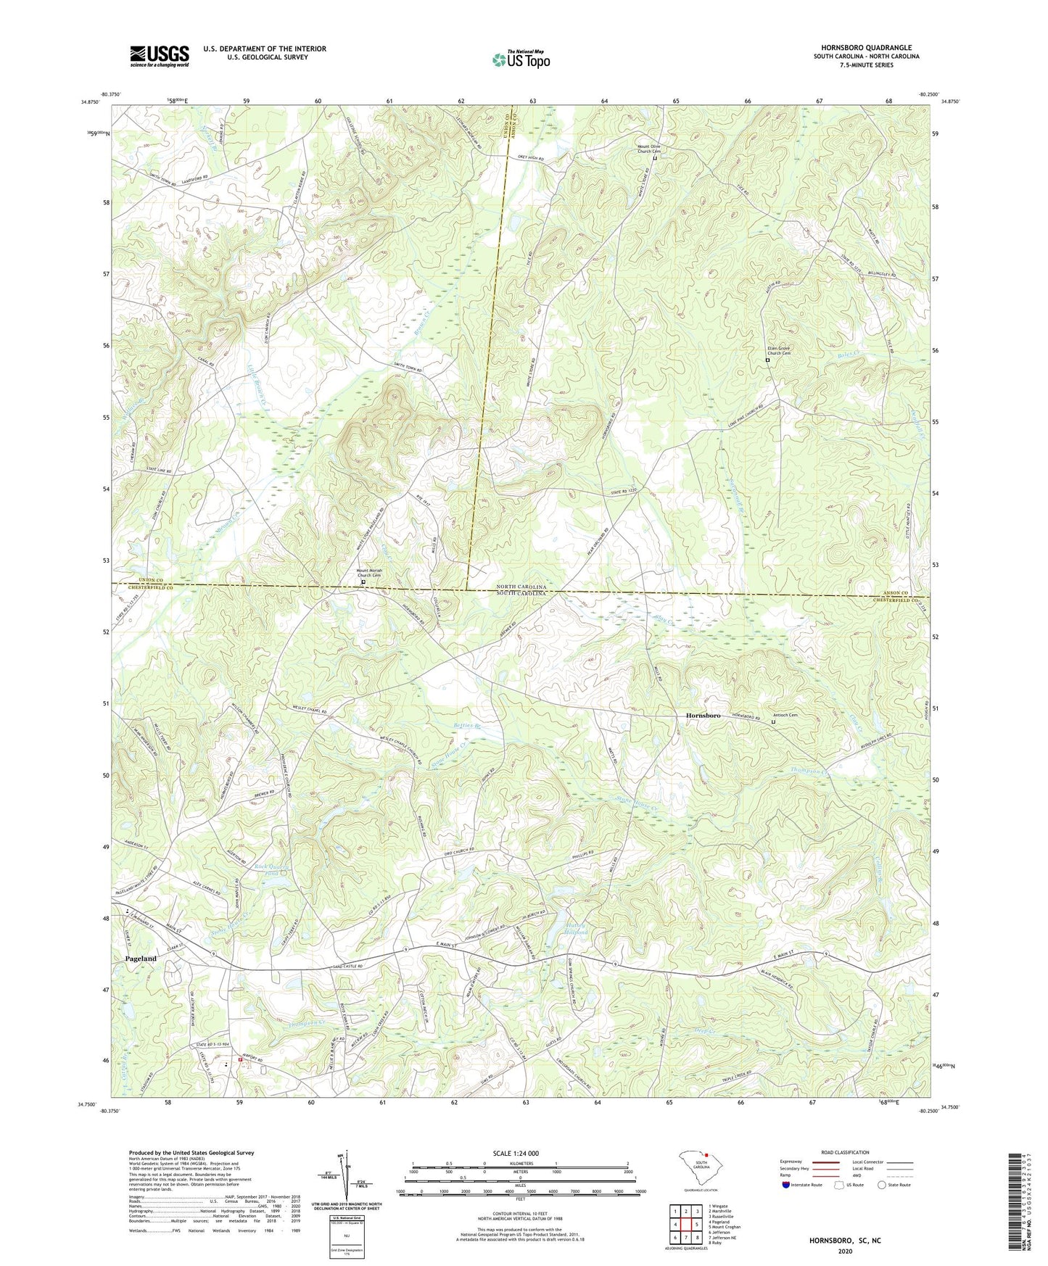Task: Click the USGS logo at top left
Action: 159,56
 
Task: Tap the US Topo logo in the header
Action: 521,59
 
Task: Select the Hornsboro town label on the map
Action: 703,716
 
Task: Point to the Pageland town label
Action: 141,959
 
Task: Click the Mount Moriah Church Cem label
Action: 369,574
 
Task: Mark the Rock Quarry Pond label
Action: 272,869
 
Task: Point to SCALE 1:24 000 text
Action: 516,1154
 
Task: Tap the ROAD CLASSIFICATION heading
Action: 845,1152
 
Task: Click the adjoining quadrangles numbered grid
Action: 685,1226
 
